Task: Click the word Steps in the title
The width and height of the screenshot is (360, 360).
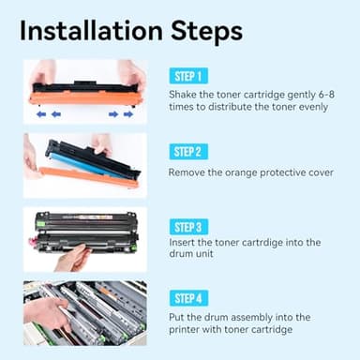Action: pyautogui.click(x=209, y=30)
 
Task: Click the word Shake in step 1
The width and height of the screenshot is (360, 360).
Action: pyautogui.click(x=184, y=96)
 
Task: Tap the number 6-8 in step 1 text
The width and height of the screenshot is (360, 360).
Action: pyautogui.click(x=323, y=96)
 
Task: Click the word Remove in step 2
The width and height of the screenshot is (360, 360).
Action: pyautogui.click(x=188, y=172)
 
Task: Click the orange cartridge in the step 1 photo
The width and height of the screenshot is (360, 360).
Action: pyautogui.click(x=84, y=97)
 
